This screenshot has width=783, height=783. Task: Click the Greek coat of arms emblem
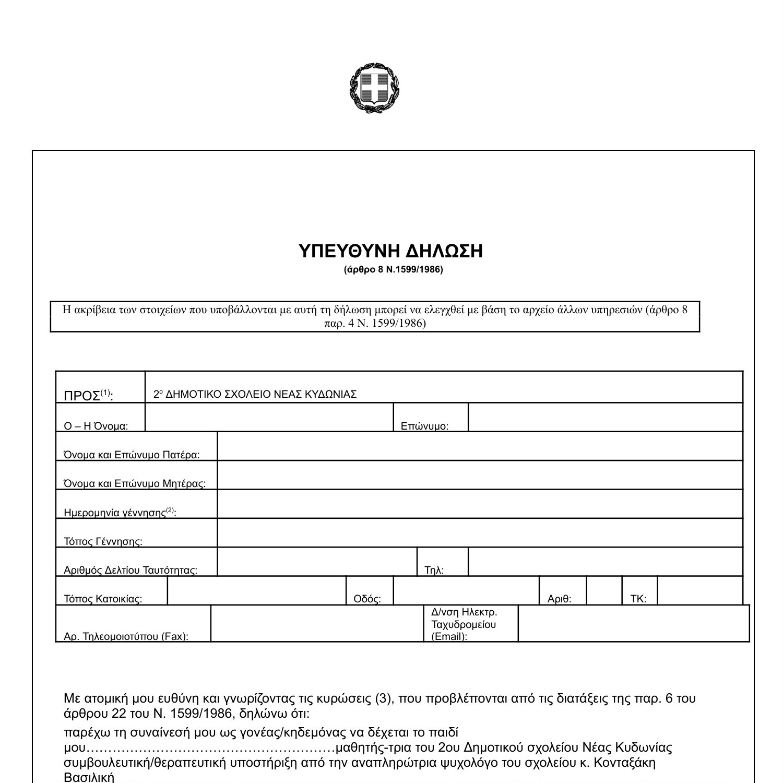pos(374,88)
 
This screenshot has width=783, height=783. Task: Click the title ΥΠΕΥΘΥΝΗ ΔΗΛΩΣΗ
pos(390,252)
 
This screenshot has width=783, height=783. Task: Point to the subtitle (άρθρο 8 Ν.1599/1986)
pos(393,270)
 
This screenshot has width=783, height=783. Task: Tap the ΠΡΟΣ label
pos(88,396)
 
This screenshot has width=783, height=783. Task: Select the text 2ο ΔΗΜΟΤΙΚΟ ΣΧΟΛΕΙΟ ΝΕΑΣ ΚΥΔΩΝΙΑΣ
pos(255,395)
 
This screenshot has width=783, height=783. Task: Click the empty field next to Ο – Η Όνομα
pos(269,418)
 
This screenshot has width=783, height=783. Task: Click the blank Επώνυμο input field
pos(605,418)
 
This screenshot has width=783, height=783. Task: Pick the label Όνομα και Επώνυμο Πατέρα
pos(132,455)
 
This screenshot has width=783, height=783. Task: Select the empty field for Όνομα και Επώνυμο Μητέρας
pos(479,475)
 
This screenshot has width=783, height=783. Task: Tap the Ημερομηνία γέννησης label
pos(120,513)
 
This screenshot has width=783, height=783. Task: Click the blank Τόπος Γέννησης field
pos(479,533)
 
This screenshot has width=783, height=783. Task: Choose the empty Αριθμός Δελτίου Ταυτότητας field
pos(317,562)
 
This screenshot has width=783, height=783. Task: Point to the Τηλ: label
pos(434,570)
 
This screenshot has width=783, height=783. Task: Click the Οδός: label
pos(367,599)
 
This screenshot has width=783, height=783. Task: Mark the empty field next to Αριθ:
pos(604,591)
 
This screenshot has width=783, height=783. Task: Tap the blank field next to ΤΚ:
pos(699,591)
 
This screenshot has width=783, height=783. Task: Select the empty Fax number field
pos(317,623)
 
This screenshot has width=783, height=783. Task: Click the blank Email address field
pos(633,623)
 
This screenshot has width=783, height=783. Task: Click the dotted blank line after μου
pos(209,748)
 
